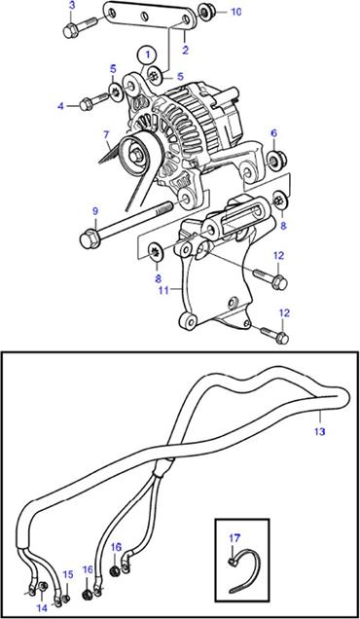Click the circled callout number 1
tap(147, 55)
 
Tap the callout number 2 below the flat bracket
tap(186, 50)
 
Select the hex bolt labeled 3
tap(81, 27)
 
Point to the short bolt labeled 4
tap(93, 102)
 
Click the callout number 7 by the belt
tap(106, 134)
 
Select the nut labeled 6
tap(276, 159)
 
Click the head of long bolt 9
tap(90, 239)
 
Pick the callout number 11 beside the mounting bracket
tap(163, 291)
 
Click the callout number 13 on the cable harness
tap(319, 431)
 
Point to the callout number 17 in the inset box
tap(234, 537)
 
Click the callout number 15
tap(68, 574)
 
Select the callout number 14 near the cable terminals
tap(43, 608)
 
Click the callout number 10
tap(235, 12)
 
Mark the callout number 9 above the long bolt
tap(95, 211)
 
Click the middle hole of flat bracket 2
tap(145, 17)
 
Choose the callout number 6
tap(274, 133)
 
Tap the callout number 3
tap(71, 5)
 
